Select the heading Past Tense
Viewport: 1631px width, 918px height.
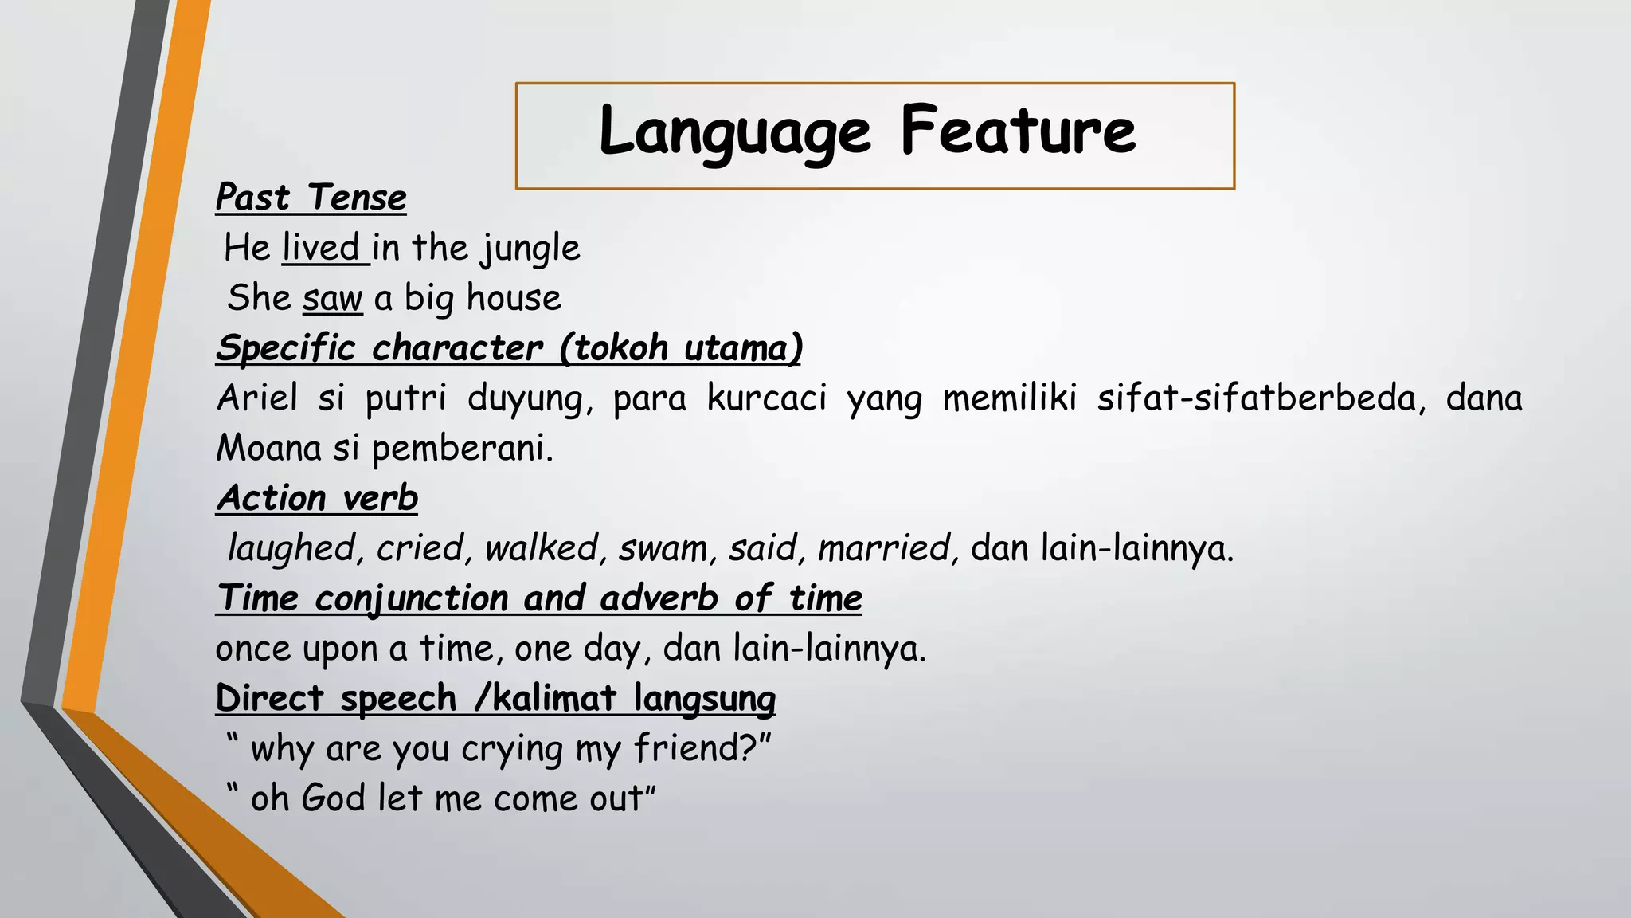pyautogui.click(x=311, y=198)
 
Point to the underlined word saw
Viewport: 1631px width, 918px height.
pyautogui.click(x=333, y=298)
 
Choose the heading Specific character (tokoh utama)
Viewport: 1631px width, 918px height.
pyautogui.click(x=509, y=348)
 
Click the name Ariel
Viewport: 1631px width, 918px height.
pyautogui.click(x=257, y=398)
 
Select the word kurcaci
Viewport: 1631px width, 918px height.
pyautogui.click(x=767, y=398)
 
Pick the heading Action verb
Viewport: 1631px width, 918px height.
pyautogui.click(x=317, y=498)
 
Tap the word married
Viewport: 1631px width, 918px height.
pyautogui.click(x=885, y=548)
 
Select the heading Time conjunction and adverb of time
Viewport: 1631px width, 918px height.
pyautogui.click(x=539, y=598)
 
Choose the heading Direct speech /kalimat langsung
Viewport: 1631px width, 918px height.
pyautogui.click(x=495, y=699)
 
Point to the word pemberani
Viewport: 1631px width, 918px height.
pyautogui.click(x=461, y=449)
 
